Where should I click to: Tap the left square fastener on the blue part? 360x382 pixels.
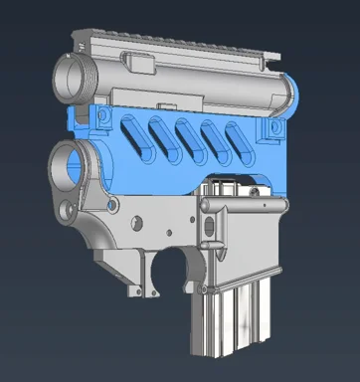coord(102,118)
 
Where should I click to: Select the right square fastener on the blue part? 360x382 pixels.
coord(270,129)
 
